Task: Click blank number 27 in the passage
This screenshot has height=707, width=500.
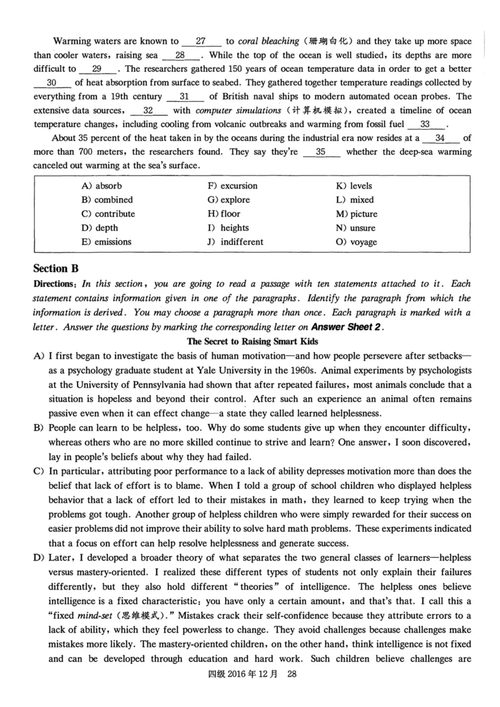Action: pyautogui.click(x=201, y=41)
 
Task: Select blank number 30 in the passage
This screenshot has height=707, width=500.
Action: pyautogui.click(x=52, y=82)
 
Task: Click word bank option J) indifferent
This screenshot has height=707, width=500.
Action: pyautogui.click(x=235, y=242)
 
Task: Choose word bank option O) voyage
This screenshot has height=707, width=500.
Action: pyautogui.click(x=356, y=242)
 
